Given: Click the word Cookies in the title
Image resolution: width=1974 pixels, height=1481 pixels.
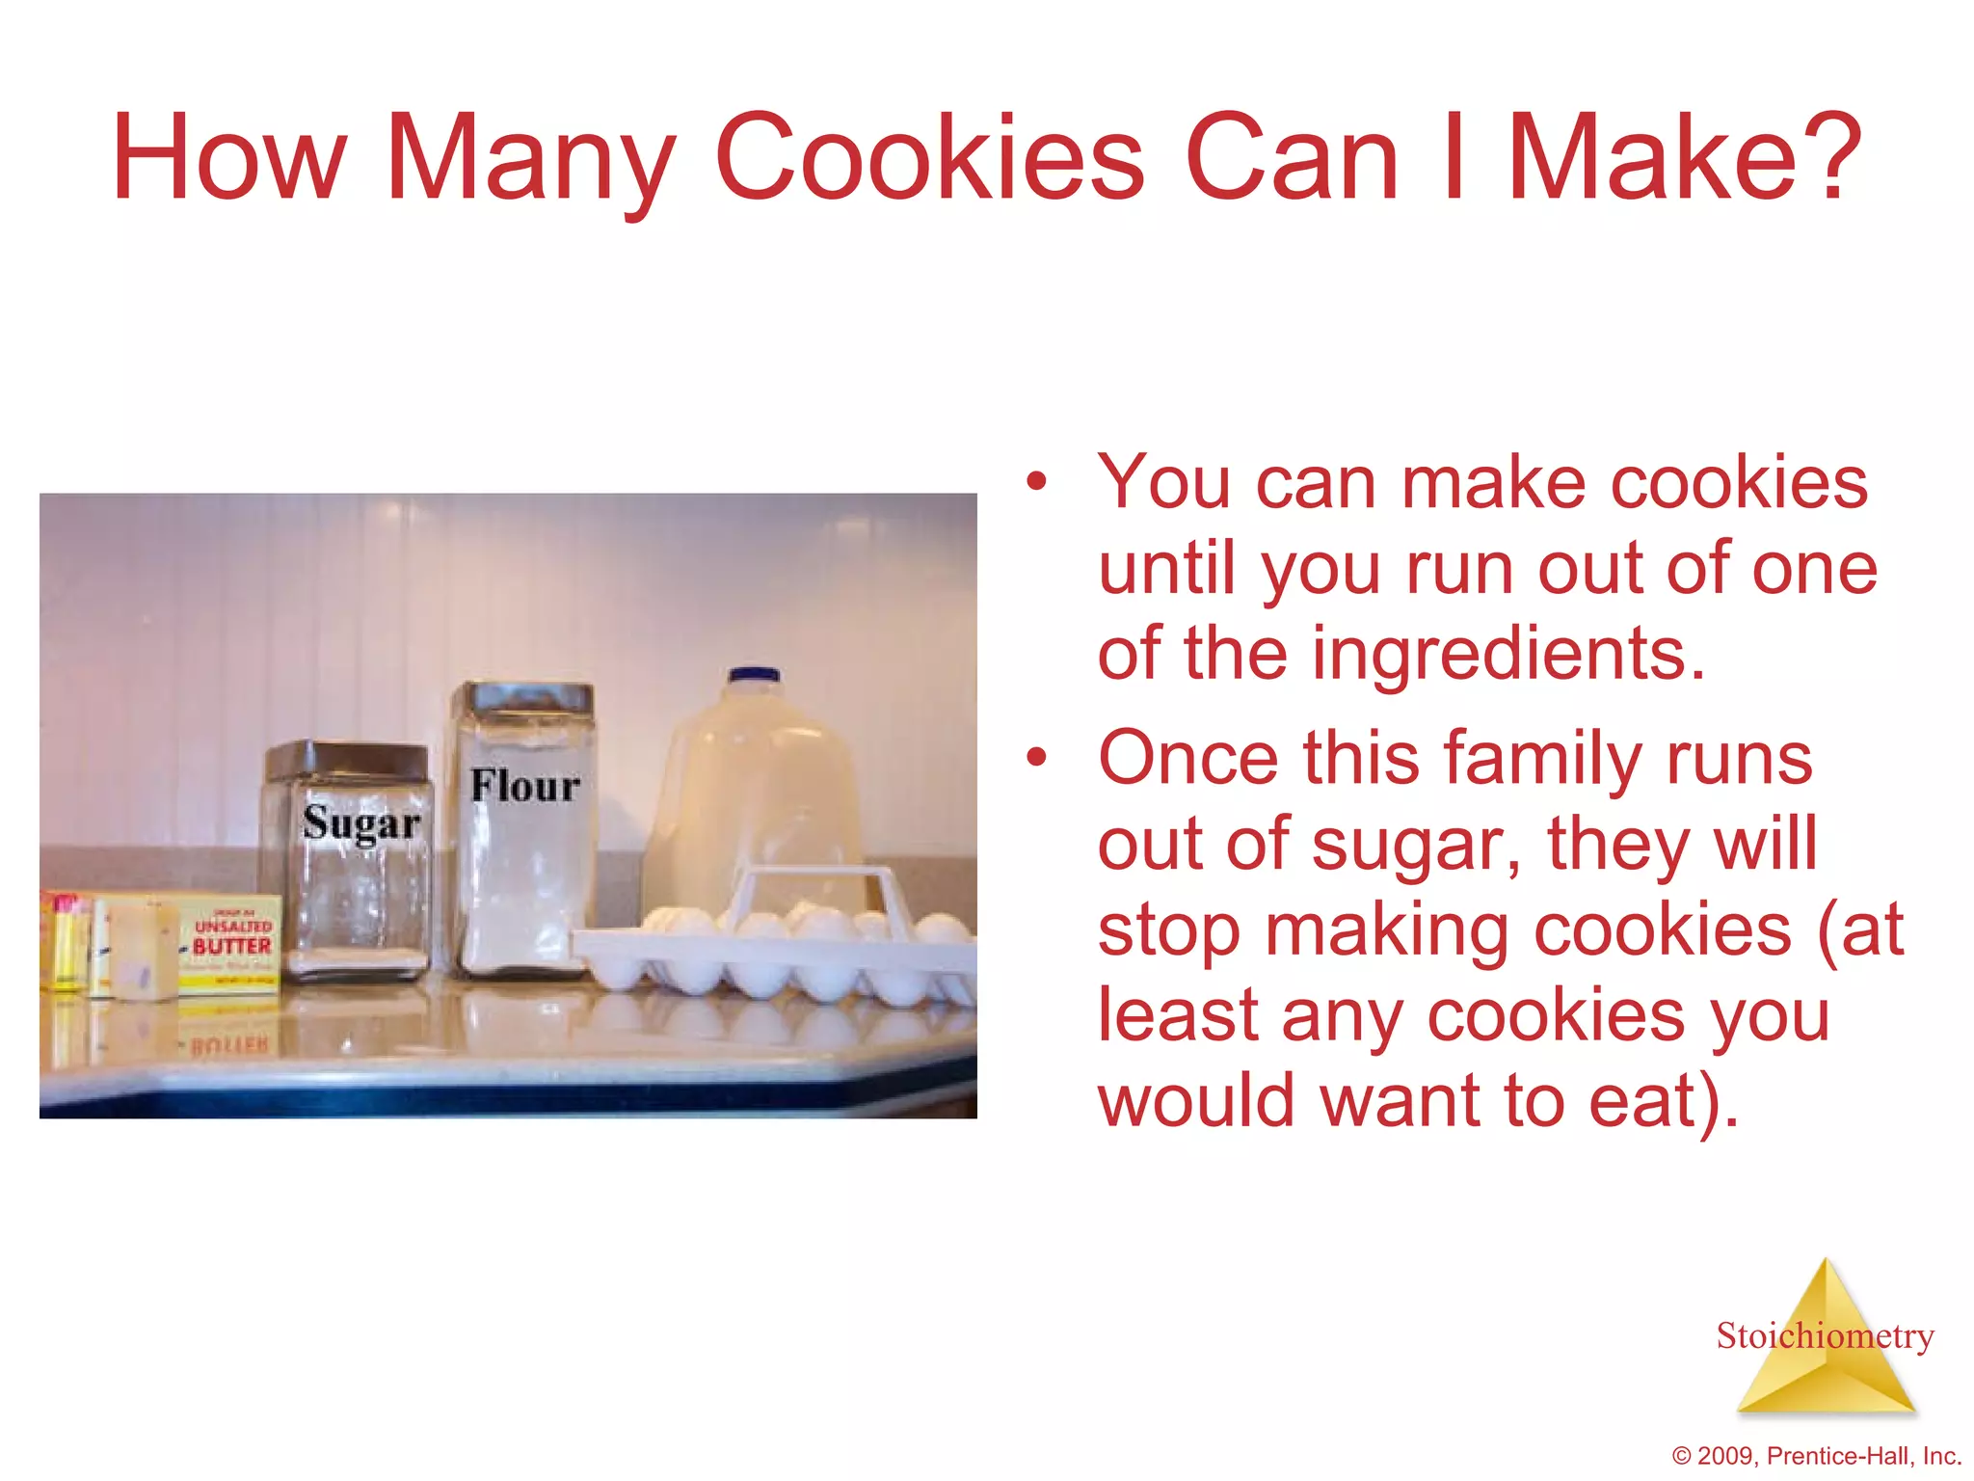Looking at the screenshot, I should (x=929, y=159).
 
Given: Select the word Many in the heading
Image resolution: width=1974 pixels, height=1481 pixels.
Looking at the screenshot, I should (x=529, y=159).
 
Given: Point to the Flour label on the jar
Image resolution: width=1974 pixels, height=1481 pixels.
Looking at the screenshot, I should (x=525, y=786).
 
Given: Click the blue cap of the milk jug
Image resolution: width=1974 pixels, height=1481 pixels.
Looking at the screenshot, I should (x=754, y=675).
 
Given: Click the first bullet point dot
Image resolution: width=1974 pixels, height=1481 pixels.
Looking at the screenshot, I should (x=1036, y=481).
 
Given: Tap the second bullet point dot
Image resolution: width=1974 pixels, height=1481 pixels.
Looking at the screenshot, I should (x=1036, y=758).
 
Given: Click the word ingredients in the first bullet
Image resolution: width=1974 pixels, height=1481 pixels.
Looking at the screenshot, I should (x=1488, y=654).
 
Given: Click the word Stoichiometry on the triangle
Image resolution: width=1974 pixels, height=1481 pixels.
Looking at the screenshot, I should (x=1825, y=1335).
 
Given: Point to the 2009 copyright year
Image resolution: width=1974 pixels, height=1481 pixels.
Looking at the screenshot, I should (x=1726, y=1456).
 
